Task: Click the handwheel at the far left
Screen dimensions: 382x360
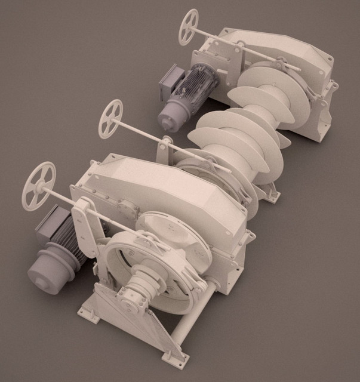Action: [x=39, y=186]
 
